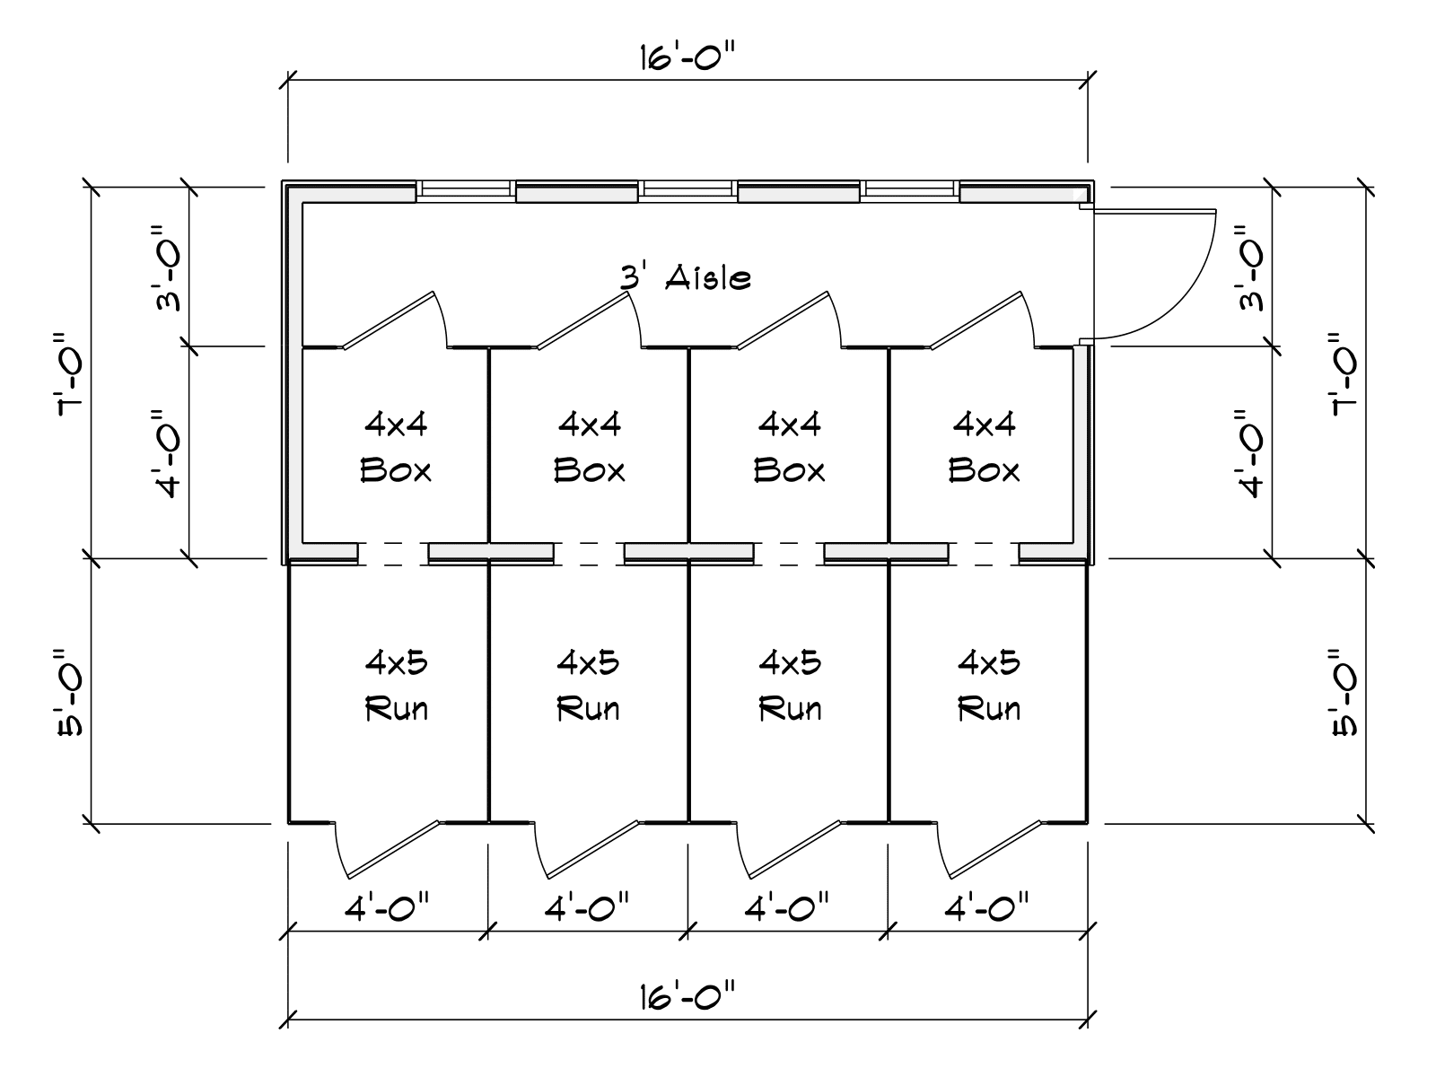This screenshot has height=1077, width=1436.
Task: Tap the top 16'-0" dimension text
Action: (688, 58)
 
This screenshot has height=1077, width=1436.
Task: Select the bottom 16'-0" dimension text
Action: (688, 996)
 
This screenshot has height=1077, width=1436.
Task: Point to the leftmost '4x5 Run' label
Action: (396, 686)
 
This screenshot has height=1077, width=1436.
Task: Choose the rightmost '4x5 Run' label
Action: (988, 686)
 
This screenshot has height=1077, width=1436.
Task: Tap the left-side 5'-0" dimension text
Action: (70, 691)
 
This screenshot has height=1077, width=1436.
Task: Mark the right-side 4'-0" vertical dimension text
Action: (1251, 453)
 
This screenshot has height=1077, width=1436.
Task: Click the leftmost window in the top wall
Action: (465, 189)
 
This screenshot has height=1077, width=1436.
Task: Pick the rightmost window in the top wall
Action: (910, 189)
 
